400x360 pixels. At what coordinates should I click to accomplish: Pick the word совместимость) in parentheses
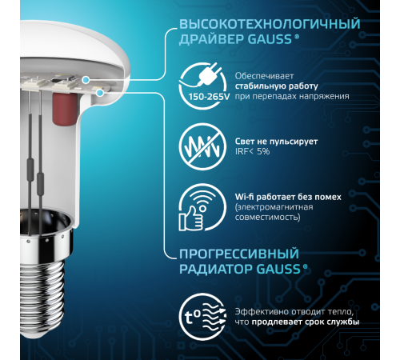(268, 217)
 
